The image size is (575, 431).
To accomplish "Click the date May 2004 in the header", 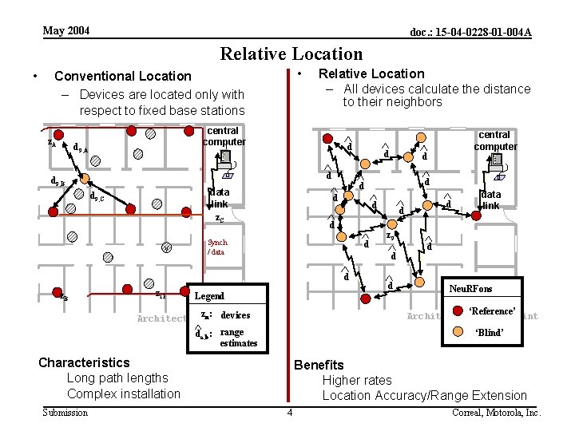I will pyautogui.click(x=66, y=30).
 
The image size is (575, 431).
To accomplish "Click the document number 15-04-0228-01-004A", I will pyautogui.click(x=470, y=32).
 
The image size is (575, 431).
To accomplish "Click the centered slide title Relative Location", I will pyautogui.click(x=291, y=53).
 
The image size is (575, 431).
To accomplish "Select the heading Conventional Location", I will pyautogui.click(x=122, y=76).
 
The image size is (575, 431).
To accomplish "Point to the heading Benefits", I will pyautogui.click(x=319, y=365).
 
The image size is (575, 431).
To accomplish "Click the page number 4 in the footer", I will pyautogui.click(x=290, y=412).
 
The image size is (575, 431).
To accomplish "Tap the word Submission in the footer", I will pyautogui.click(x=65, y=412).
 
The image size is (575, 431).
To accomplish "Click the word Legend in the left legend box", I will pyautogui.click(x=210, y=295).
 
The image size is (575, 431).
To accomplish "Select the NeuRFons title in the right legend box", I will pyautogui.click(x=470, y=288).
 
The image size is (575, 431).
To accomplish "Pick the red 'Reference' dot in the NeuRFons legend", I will pyautogui.click(x=458, y=310).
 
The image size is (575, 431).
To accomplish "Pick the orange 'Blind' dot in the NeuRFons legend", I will pyautogui.click(x=458, y=332).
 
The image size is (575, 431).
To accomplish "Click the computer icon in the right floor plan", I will pyautogui.click(x=496, y=160).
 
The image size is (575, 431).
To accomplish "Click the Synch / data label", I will pyautogui.click(x=216, y=247).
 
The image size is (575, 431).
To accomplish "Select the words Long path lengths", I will pyautogui.click(x=117, y=378).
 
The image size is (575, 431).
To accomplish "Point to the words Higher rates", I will pyautogui.click(x=356, y=380).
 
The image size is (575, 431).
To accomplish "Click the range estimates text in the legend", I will pyautogui.click(x=238, y=338).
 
